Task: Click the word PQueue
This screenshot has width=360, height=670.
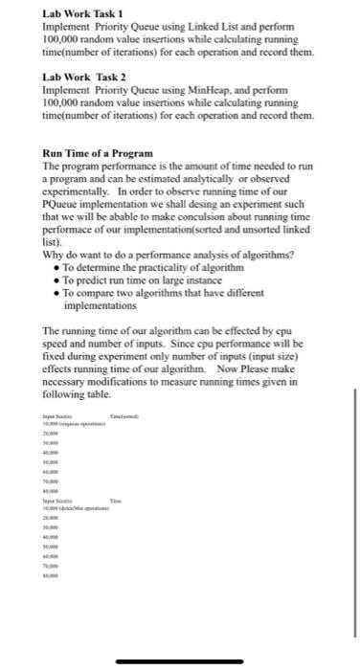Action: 66,204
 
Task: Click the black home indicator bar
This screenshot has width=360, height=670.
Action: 179,661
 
